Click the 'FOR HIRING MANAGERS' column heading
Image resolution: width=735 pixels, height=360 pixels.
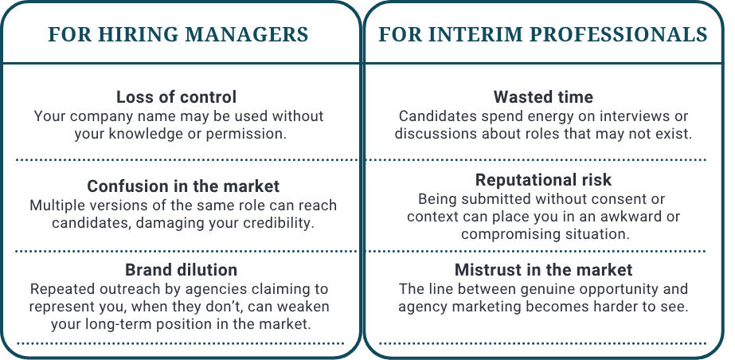[x=178, y=35]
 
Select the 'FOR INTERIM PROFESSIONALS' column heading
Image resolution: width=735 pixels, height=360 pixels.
[x=543, y=35]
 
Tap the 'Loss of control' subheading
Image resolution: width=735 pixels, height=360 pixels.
[x=176, y=97]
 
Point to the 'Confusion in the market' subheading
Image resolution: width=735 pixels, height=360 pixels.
[x=183, y=186]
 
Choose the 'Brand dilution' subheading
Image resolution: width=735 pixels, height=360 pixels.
[x=181, y=269]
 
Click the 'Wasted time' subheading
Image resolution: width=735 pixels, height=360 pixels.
[x=543, y=97]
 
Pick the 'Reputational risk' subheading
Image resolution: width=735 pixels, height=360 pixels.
[x=543, y=179]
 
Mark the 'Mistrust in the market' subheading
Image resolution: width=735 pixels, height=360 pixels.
[x=543, y=269]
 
